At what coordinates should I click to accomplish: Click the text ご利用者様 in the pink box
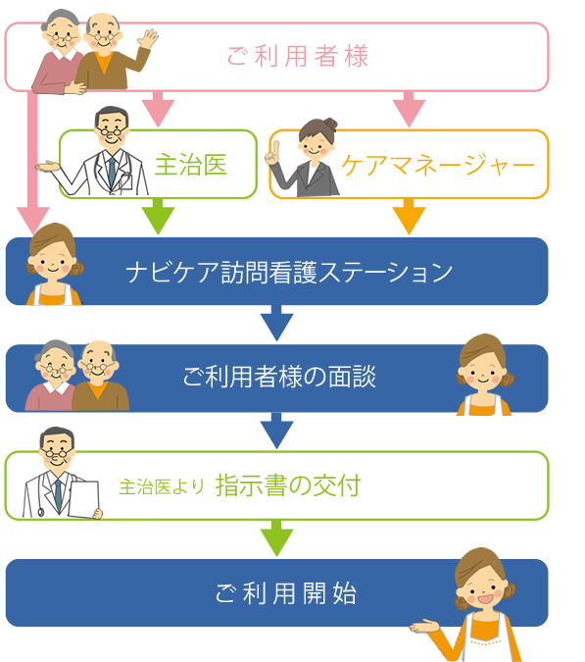pyautogui.click(x=298, y=56)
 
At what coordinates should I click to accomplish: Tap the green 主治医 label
pyautogui.click(x=191, y=164)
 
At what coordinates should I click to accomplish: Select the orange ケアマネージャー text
pyautogui.click(x=438, y=165)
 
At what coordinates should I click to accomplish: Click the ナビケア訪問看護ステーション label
pyautogui.click(x=289, y=272)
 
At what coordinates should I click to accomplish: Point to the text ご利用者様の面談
pyautogui.click(x=279, y=377)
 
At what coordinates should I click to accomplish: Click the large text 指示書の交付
pyautogui.click(x=288, y=485)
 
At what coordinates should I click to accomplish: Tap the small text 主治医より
pyautogui.click(x=162, y=486)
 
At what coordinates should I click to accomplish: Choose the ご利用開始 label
pyautogui.click(x=286, y=593)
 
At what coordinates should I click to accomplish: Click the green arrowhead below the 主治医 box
pyautogui.click(x=158, y=220)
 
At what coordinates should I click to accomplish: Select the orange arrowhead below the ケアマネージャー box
pyautogui.click(x=409, y=220)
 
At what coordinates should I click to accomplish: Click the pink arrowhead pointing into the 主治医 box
pyautogui.click(x=158, y=113)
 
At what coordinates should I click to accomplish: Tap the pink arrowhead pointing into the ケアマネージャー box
pyautogui.click(x=409, y=113)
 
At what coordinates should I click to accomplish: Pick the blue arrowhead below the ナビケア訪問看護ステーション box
pyautogui.click(x=276, y=327)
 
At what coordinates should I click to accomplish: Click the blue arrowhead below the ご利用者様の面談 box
pyautogui.click(x=276, y=434)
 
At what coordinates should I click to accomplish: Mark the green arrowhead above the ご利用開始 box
pyautogui.click(x=276, y=542)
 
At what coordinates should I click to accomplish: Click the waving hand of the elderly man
pyautogui.click(x=147, y=39)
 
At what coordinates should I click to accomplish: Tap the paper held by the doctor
pyautogui.click(x=84, y=498)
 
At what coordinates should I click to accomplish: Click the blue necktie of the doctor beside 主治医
pyautogui.click(x=112, y=173)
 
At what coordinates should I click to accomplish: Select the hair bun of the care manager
pyautogui.click(x=330, y=124)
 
